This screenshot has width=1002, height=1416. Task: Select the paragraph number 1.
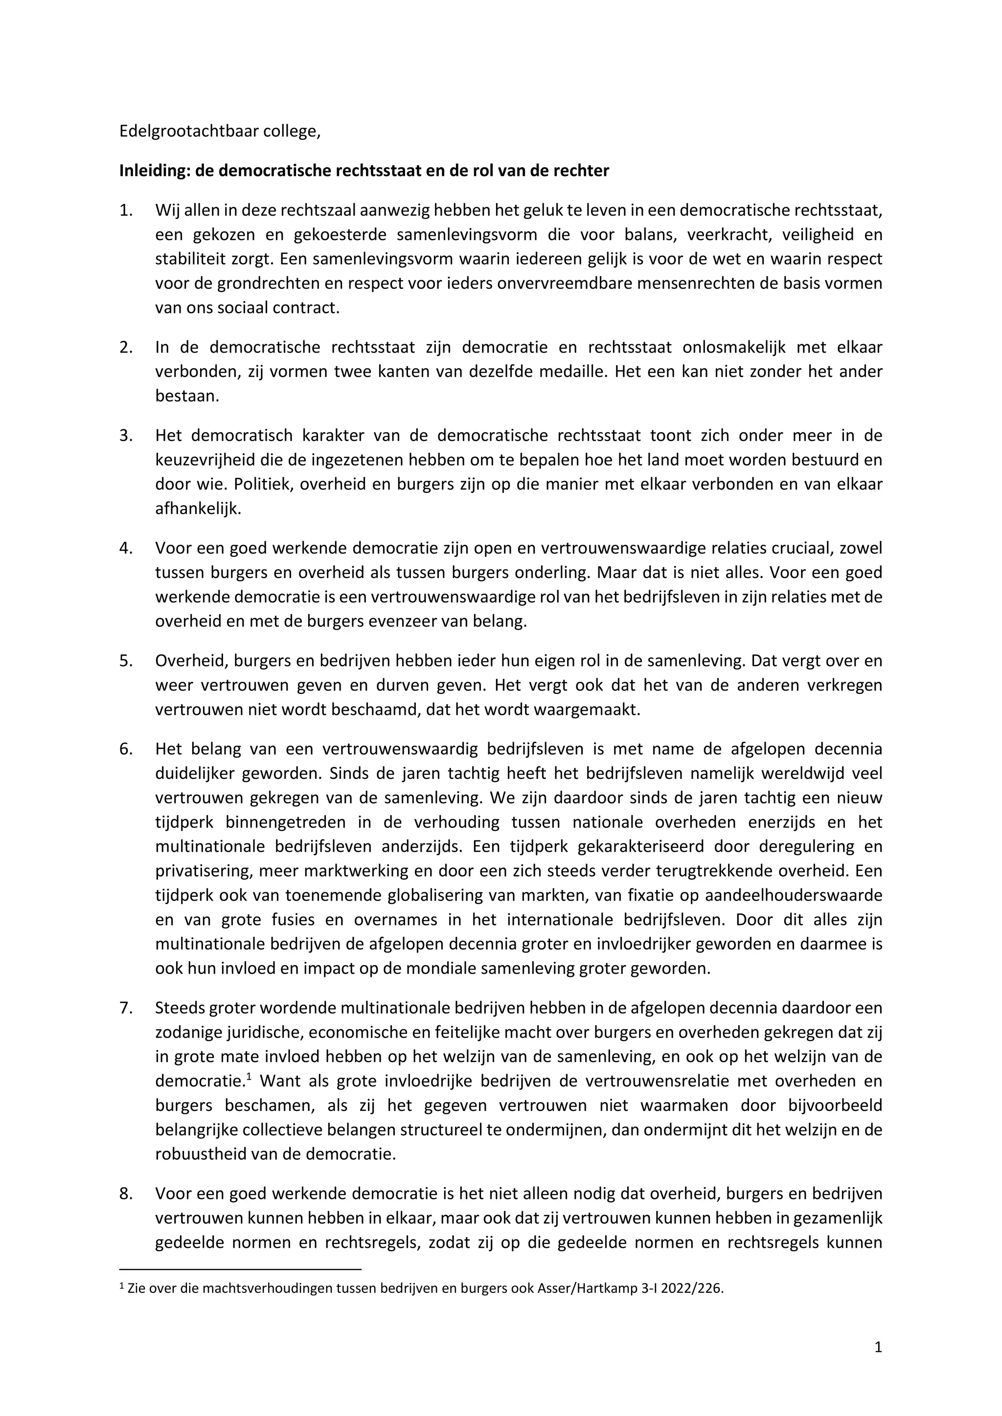point(125,210)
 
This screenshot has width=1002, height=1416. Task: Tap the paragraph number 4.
point(125,548)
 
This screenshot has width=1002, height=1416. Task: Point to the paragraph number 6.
point(125,749)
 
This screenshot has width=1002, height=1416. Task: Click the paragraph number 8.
point(125,1194)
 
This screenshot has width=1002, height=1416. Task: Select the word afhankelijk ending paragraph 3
point(198,509)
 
